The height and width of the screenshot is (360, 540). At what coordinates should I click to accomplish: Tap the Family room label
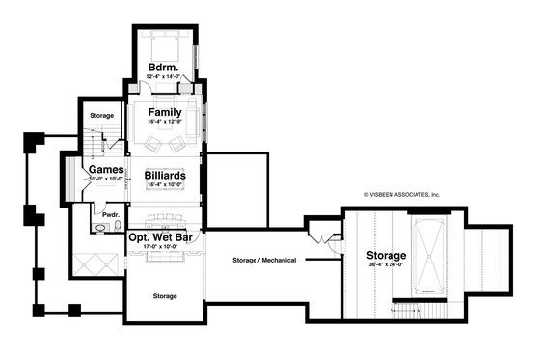point(165,112)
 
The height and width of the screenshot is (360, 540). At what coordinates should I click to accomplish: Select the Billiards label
point(165,175)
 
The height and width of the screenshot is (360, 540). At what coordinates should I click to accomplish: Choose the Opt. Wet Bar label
point(164,235)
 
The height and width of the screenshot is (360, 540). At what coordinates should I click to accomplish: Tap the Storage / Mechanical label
point(264,261)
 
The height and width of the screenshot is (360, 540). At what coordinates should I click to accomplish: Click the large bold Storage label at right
point(387,256)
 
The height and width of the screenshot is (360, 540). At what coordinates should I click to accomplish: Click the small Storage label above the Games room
point(102,116)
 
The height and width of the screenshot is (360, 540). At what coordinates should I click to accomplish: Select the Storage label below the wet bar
point(165,296)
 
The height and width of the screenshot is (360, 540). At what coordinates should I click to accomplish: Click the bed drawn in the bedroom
point(160,45)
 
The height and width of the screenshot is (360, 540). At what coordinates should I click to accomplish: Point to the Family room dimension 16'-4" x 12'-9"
point(165,122)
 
